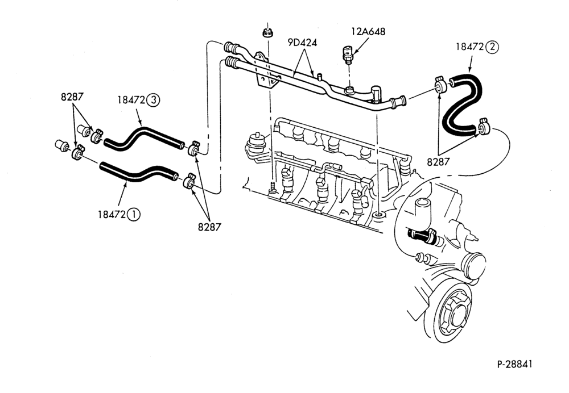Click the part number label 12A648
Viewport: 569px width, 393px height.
[x=368, y=31]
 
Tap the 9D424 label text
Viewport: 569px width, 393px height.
[x=302, y=43]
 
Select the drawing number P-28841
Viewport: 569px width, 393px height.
[x=514, y=364]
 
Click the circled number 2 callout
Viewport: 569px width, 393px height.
[x=492, y=47]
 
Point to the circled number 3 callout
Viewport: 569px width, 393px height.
[x=153, y=99]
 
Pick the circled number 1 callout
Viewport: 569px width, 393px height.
[x=134, y=215]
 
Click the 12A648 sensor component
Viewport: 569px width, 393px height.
[x=348, y=55]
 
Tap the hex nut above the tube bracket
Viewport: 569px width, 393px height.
[x=267, y=32]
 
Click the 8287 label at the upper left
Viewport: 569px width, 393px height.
[x=72, y=97]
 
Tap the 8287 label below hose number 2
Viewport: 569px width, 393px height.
[x=438, y=161]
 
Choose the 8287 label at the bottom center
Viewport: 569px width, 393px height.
[x=209, y=227]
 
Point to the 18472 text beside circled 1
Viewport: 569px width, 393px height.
[x=112, y=215]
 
